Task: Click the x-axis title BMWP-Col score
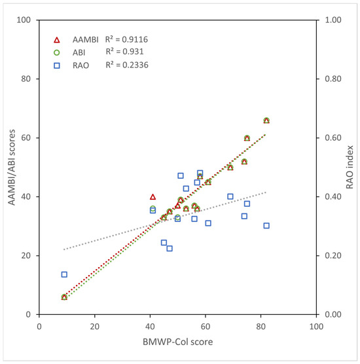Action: tap(177, 342)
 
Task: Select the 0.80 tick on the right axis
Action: tap(334, 79)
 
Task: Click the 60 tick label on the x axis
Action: tap(205, 325)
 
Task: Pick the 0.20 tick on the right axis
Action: tap(334, 256)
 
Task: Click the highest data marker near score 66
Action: tap(266, 120)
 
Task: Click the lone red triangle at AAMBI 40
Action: tap(153, 196)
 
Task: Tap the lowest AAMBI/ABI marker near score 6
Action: tap(64, 297)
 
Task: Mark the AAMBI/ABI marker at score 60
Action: tap(247, 138)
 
